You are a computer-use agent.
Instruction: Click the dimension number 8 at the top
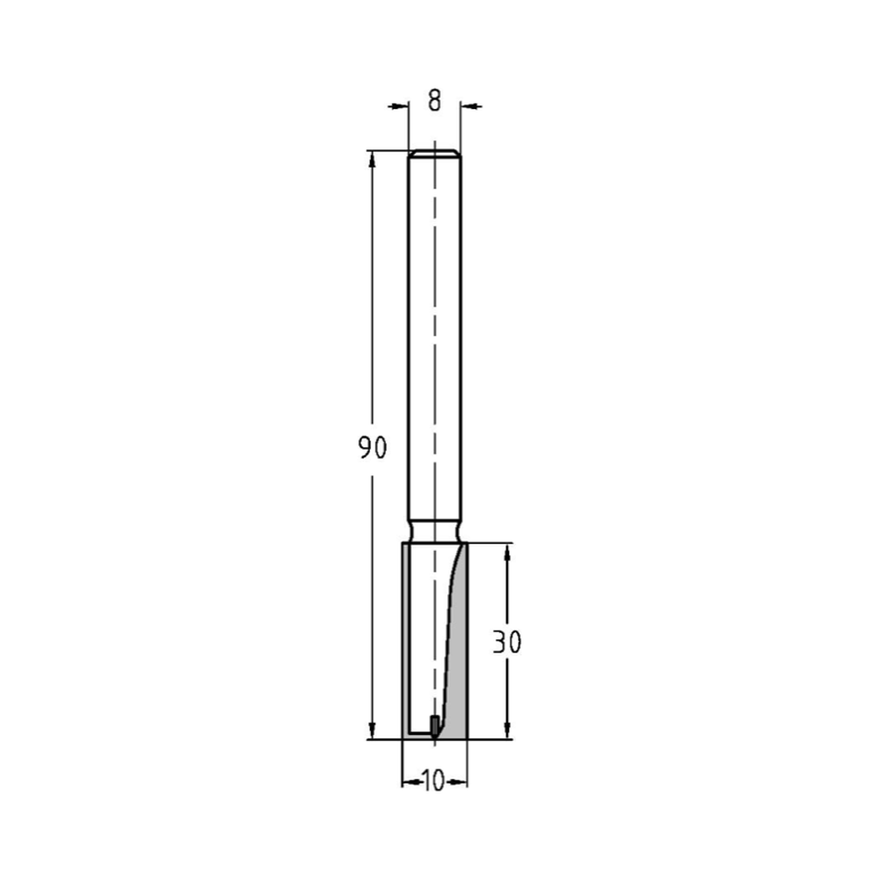tap(434, 101)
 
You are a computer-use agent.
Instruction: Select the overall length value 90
tap(372, 449)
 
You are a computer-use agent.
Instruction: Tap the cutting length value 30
tap(506, 643)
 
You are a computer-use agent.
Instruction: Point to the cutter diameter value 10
tap(433, 781)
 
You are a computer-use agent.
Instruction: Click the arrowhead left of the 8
tap(401, 106)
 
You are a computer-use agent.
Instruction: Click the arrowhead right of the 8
tap(470, 106)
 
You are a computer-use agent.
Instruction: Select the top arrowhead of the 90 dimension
tap(373, 159)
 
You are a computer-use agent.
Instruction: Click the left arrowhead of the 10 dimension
tap(408, 781)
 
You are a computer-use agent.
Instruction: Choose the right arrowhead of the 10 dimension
tap(461, 781)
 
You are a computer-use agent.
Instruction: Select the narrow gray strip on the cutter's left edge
tap(404, 642)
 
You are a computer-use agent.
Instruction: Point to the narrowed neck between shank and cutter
tap(434, 531)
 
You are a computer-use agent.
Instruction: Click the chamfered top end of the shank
tap(434, 154)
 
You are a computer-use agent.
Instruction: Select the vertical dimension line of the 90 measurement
tap(373, 308)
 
